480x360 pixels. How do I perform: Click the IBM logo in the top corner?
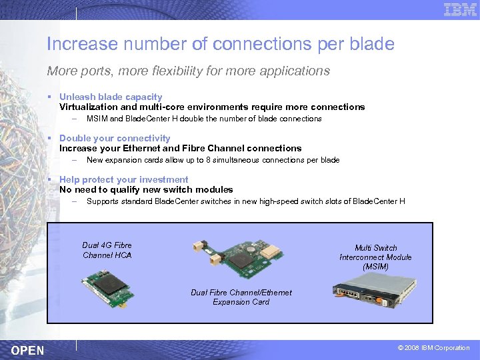pyautogui.click(x=460, y=9)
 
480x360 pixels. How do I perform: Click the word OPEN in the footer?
pyautogui.click(x=28, y=350)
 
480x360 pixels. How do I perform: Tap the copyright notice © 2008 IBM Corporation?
pyautogui.click(x=433, y=348)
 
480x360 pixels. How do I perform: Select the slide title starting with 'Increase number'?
pyautogui.click(x=220, y=45)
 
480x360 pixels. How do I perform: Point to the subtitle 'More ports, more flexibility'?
pyautogui.click(x=188, y=71)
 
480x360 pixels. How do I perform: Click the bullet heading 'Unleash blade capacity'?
pyautogui.click(x=111, y=97)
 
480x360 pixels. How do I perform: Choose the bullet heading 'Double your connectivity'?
pyautogui.click(x=115, y=138)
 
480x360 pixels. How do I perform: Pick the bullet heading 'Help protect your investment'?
pyautogui.click(x=123, y=179)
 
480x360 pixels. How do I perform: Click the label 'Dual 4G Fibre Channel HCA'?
pyautogui.click(x=107, y=250)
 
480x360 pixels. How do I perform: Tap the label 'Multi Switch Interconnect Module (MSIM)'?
pyautogui.click(x=375, y=257)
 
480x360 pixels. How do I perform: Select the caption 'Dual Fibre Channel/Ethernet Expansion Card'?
pyautogui.click(x=241, y=297)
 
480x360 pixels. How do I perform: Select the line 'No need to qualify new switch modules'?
pyautogui.click(x=146, y=189)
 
